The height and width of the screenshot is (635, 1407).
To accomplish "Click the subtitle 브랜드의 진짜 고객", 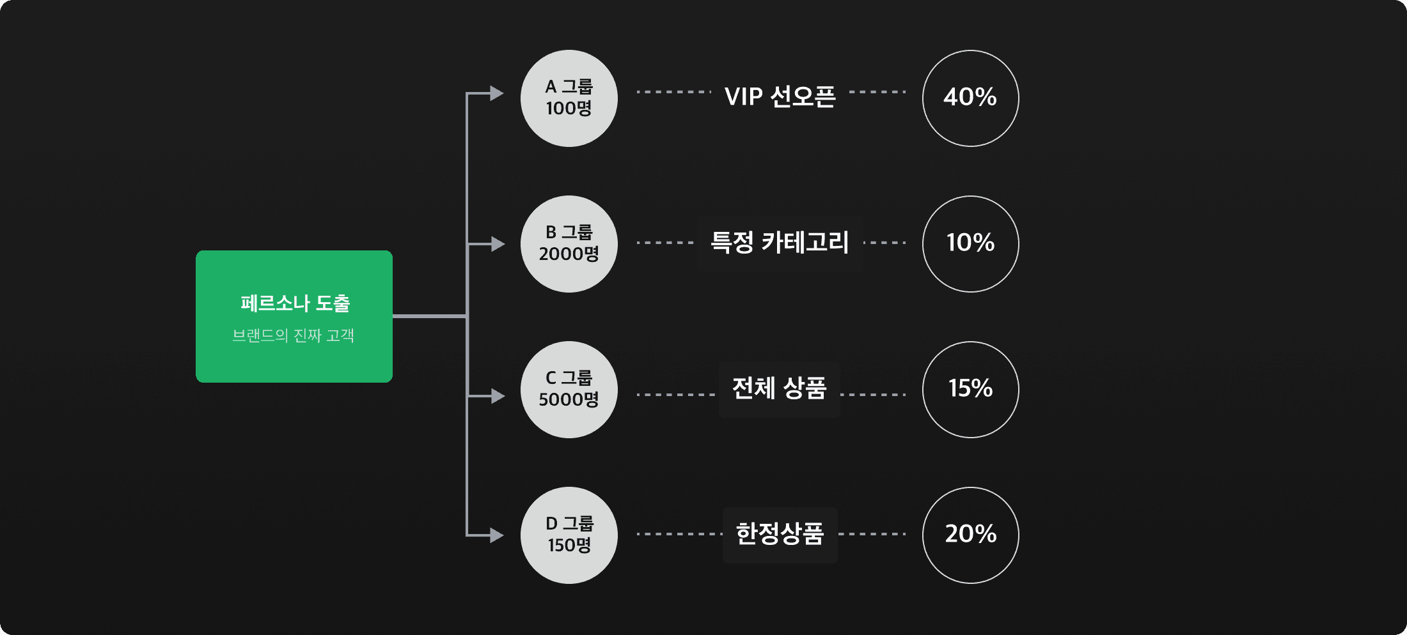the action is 294,335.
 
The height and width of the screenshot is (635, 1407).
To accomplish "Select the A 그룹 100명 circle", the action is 569,98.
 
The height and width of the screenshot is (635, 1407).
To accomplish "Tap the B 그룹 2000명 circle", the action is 569,244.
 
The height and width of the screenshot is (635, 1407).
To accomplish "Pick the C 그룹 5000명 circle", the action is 569,390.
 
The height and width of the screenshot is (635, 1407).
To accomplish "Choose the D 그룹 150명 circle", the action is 569,535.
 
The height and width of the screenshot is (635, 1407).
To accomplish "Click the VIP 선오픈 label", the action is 780,96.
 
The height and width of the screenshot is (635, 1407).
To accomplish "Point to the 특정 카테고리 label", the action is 780,243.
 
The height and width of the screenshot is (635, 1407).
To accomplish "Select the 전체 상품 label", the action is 780,388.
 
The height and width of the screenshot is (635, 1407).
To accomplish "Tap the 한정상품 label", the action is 780,534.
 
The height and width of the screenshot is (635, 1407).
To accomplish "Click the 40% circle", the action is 970,98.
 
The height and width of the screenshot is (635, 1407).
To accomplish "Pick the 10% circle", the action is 970,244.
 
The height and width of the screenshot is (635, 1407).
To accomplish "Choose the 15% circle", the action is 970,390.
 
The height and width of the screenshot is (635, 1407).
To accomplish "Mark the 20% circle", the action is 970,535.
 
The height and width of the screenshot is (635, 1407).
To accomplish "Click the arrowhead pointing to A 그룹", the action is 496,93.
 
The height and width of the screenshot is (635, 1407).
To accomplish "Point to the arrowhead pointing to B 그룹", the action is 497,244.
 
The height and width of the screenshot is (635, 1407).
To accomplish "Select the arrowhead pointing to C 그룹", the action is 497,396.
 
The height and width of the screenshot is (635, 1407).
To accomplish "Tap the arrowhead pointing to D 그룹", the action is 496,535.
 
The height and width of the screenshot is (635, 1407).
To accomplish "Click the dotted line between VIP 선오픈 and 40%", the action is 877,92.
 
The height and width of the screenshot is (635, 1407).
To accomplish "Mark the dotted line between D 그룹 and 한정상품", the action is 679,534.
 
